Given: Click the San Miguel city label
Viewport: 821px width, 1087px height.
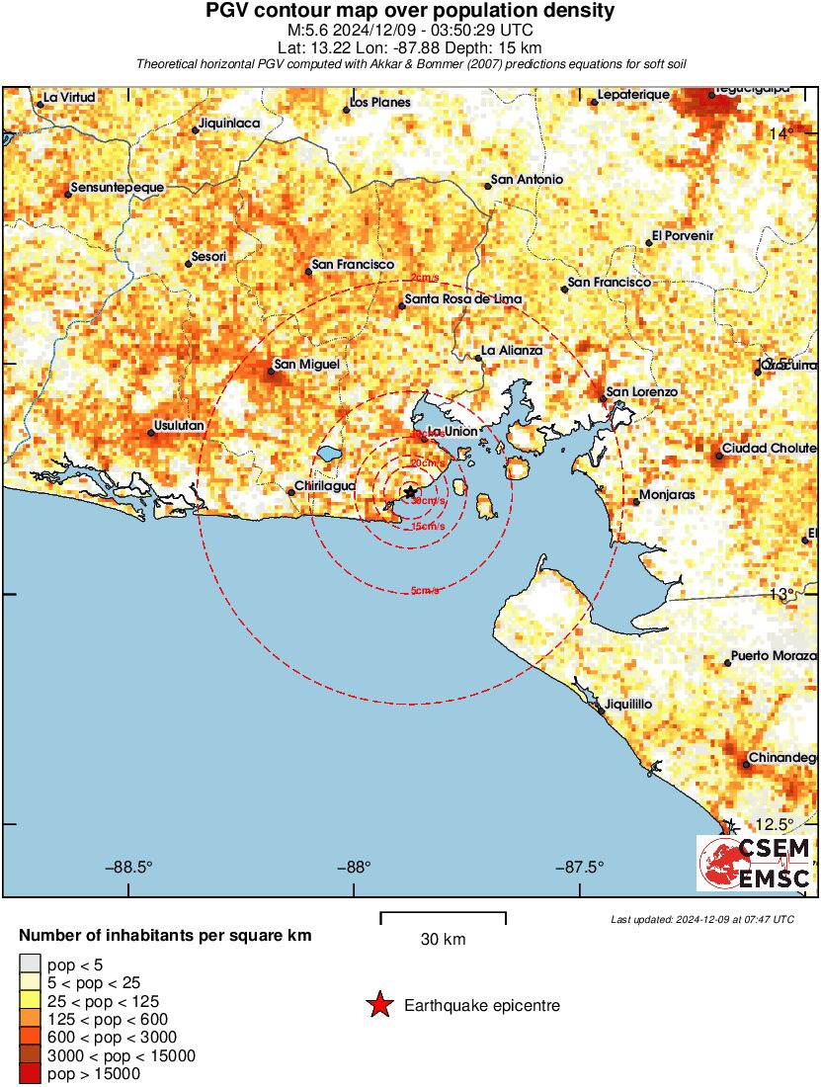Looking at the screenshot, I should click(306, 365).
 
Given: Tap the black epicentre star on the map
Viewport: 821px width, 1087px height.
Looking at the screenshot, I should click(410, 491).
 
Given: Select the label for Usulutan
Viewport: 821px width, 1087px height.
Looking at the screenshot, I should click(179, 426).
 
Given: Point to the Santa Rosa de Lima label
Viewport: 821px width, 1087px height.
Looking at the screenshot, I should click(463, 299).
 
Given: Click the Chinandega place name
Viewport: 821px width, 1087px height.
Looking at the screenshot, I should click(783, 757).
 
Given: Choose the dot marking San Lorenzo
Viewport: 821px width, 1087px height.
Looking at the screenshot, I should click(603, 399).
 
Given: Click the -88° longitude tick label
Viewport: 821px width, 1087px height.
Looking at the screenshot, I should click(354, 868).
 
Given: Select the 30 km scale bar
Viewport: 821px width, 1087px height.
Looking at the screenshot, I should click(443, 918).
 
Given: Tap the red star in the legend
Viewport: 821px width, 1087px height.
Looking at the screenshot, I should click(379, 1006).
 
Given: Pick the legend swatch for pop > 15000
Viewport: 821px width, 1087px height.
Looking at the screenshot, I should click(31, 1073).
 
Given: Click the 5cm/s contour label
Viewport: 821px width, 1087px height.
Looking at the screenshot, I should click(426, 591).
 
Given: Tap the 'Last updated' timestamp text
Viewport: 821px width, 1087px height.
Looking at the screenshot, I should click(702, 919).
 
